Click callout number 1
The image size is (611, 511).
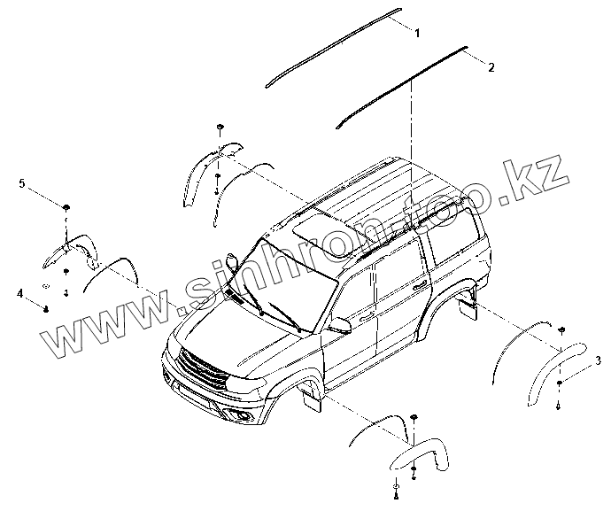[x=417, y=32]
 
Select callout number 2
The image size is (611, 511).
[x=491, y=66]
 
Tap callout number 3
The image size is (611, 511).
[x=573, y=360]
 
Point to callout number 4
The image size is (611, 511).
[x=19, y=291]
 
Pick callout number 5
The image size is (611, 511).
[x=22, y=183]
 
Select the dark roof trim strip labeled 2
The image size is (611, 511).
[x=398, y=85]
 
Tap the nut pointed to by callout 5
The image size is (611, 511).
[x=67, y=207]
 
